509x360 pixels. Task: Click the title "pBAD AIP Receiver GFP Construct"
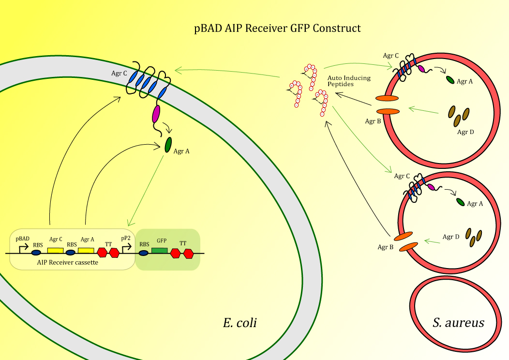tap(278, 29)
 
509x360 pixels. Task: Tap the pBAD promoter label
tap(22, 239)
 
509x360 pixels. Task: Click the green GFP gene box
tap(160, 251)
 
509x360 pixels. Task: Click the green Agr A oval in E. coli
tap(168, 144)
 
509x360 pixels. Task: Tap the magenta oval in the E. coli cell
tap(156, 114)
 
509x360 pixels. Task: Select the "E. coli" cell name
tap(240, 323)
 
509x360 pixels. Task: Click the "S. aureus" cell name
tap(458, 323)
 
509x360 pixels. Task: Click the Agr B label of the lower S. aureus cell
tap(386, 247)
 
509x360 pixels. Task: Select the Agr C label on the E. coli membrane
tap(119, 74)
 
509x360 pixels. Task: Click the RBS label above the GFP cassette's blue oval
tap(144, 244)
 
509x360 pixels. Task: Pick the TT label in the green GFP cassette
tap(182, 244)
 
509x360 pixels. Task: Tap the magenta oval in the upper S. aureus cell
tap(421, 70)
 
